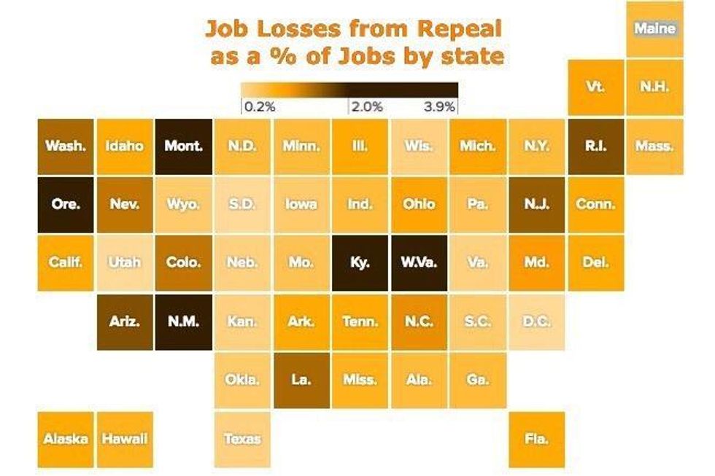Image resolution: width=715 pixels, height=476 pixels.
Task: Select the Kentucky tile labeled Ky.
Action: pos(360,263)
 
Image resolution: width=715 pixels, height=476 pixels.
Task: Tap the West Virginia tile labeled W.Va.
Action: pos(419,263)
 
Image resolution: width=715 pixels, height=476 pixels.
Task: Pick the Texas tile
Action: pos(242,439)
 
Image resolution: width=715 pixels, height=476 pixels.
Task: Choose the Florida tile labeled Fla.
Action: pos(536,439)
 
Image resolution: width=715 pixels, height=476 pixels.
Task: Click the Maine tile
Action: pos(654,29)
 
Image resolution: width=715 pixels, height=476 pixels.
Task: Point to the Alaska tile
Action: pos(66,439)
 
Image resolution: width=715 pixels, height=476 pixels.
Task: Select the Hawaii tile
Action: pos(124,439)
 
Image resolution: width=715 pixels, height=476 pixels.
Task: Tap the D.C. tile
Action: pos(536,321)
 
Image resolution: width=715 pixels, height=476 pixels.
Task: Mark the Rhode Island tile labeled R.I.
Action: pos(595,146)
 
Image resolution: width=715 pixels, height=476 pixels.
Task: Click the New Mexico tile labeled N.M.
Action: pos(183,321)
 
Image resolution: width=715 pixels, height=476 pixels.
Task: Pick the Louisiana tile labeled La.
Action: pos(301,380)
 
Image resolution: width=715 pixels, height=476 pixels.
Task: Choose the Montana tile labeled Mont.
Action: pos(183,146)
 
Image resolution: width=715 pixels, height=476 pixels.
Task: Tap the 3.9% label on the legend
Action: pos(439,107)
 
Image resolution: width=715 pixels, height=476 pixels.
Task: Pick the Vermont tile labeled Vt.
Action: pos(595,87)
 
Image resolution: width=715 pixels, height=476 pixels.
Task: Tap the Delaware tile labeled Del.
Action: pos(595,263)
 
